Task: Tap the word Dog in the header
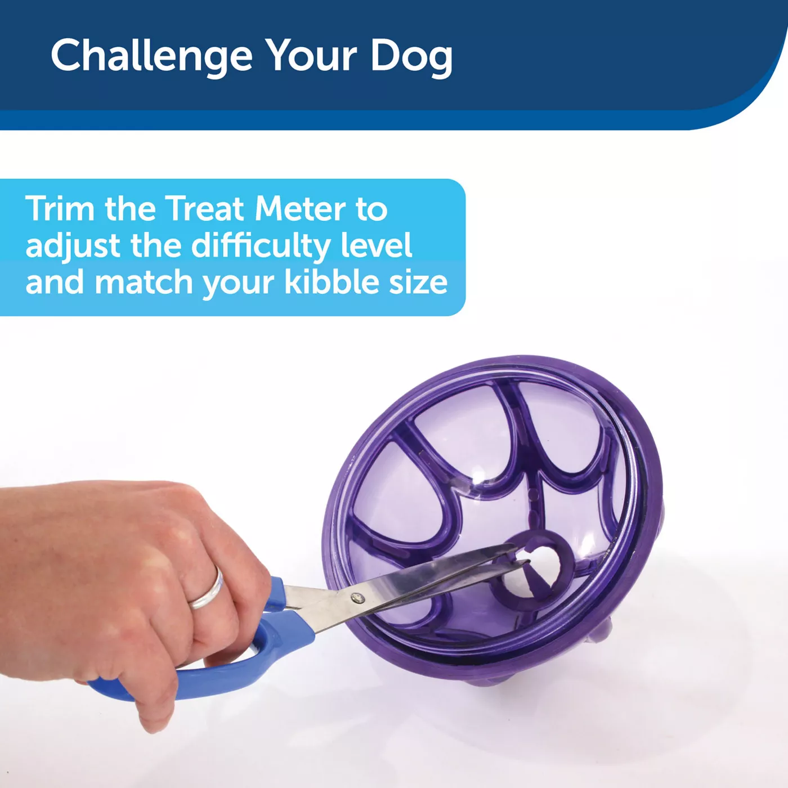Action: tap(411, 56)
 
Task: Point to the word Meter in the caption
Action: tap(300, 209)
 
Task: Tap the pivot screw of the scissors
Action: tap(358, 598)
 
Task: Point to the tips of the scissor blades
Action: tap(524, 556)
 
